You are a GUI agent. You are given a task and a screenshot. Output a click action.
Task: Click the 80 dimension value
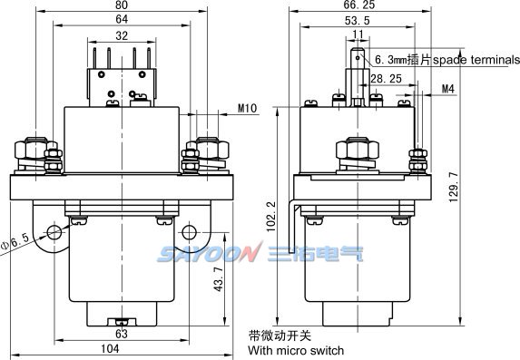[122, 5]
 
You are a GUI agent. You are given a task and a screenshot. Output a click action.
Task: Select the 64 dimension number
[122, 19]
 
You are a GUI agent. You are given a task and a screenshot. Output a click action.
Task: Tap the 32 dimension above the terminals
[122, 35]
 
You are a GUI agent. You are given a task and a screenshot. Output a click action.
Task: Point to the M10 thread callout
[248, 109]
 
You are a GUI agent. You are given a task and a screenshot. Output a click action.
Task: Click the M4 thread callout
[448, 89]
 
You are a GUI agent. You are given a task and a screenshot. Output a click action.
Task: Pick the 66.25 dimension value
[359, 5]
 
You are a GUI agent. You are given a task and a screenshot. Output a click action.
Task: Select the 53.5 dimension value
[358, 21]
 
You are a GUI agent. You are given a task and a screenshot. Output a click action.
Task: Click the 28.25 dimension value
[386, 79]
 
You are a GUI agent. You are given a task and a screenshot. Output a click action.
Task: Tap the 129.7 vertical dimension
[454, 187]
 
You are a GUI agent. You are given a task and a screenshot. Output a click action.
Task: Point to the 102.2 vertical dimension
[271, 217]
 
